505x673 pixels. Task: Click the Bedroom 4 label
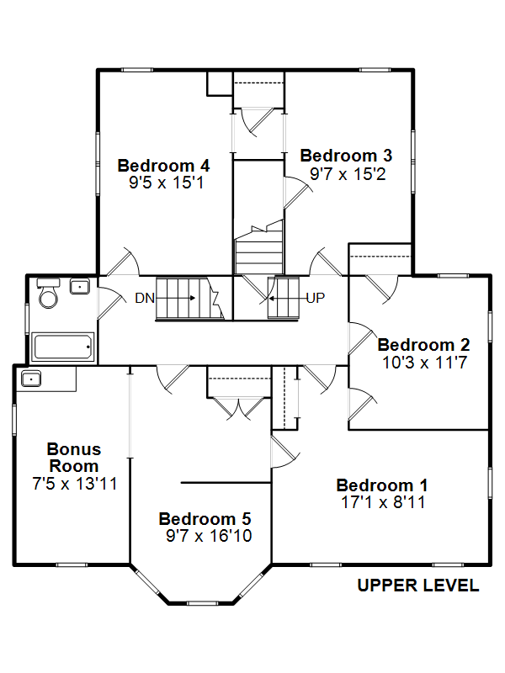(x=163, y=165)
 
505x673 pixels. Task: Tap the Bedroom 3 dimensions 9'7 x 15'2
(x=348, y=174)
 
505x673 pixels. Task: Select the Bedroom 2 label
(x=424, y=345)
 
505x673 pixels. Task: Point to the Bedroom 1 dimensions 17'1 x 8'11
(x=383, y=501)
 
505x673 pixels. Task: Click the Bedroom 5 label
(x=205, y=518)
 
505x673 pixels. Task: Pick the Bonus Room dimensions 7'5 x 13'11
(x=75, y=484)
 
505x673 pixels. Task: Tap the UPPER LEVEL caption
(x=417, y=586)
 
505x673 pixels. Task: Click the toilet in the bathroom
(x=48, y=293)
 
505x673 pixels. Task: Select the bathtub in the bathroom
(x=63, y=347)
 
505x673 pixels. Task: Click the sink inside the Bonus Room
(x=31, y=379)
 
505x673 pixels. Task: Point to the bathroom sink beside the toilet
(x=79, y=286)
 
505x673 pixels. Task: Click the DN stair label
(x=145, y=298)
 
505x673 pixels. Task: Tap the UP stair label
(x=316, y=298)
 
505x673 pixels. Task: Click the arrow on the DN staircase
(x=175, y=298)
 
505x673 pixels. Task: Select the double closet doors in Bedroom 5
(x=239, y=408)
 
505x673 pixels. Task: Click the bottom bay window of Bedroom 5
(x=202, y=603)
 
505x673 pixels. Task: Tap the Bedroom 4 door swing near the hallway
(x=123, y=262)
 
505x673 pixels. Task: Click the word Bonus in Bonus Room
(x=74, y=449)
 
